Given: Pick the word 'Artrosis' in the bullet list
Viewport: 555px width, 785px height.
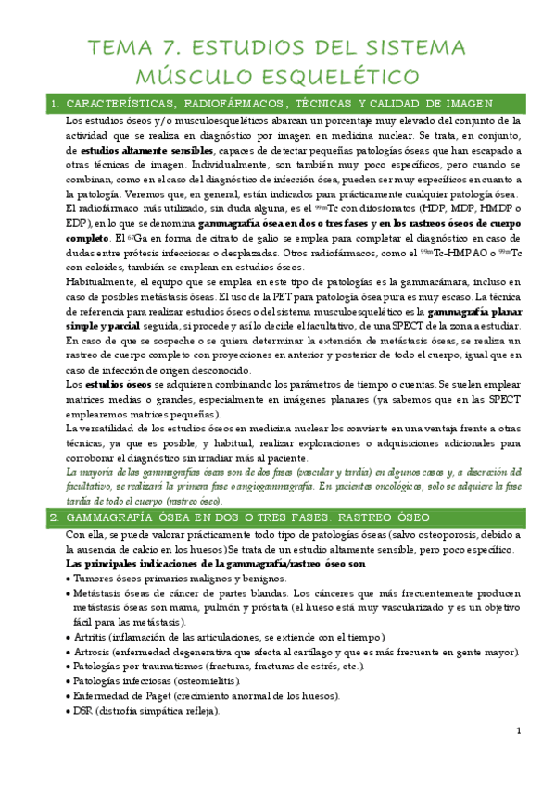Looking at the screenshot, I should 97,653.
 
